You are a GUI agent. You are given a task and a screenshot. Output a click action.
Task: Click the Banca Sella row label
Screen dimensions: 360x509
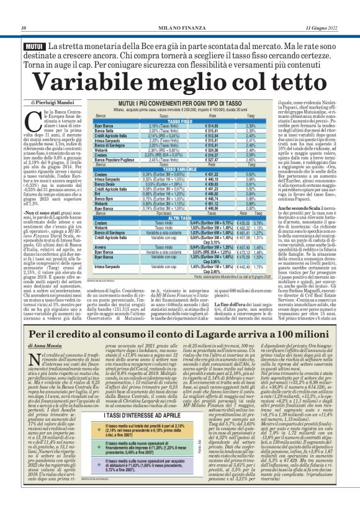105,130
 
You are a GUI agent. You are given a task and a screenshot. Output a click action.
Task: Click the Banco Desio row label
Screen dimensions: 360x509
105,183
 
